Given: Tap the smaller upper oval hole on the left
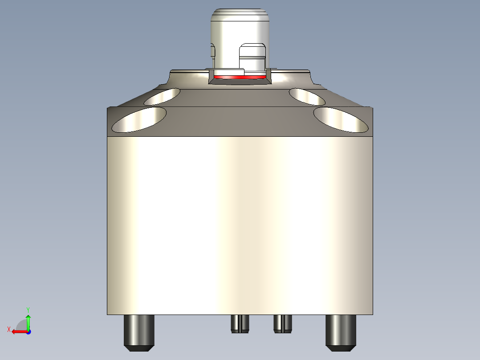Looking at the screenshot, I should point(163,96).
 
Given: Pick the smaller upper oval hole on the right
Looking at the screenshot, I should point(307,97).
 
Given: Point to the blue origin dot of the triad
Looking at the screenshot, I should point(28,331).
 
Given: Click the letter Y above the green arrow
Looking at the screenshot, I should point(28,309).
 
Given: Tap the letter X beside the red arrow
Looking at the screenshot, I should point(8,329).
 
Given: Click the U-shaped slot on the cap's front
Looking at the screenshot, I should point(252,57).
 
